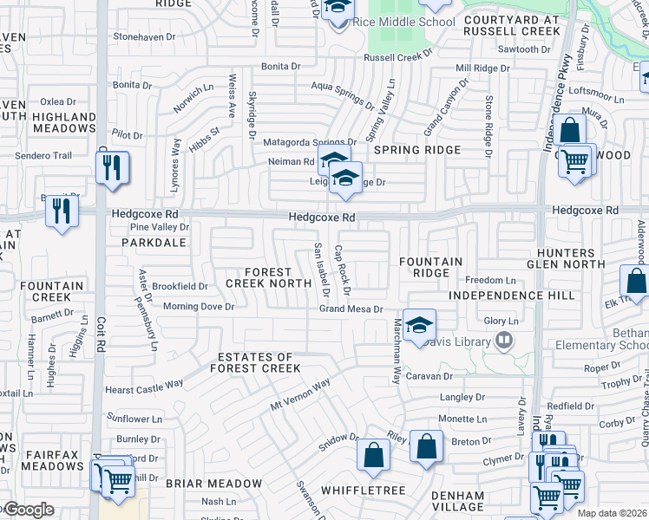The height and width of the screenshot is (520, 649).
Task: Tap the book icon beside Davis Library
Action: coord(501,342)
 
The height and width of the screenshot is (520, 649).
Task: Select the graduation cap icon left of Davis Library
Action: coord(419,326)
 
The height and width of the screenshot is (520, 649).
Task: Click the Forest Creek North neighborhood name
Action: coord(268,277)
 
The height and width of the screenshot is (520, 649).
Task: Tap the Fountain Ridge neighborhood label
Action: coord(430,267)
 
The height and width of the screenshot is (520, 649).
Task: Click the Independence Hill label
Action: coord(512,296)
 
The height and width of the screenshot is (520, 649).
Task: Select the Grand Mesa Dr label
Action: coord(351,309)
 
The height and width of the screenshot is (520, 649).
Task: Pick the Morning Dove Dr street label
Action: coord(199,307)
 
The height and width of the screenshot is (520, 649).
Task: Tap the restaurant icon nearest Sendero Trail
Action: coord(112,166)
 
